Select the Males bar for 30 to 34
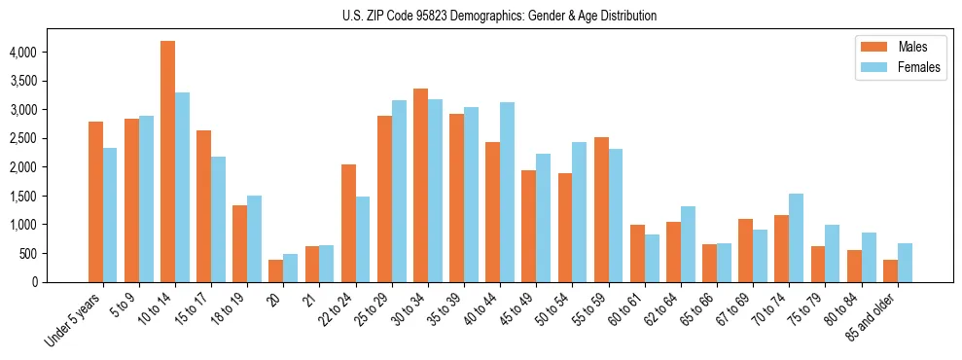420,185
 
